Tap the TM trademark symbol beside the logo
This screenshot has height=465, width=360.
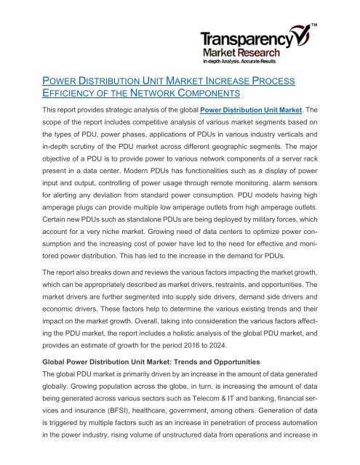coord(315,27)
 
